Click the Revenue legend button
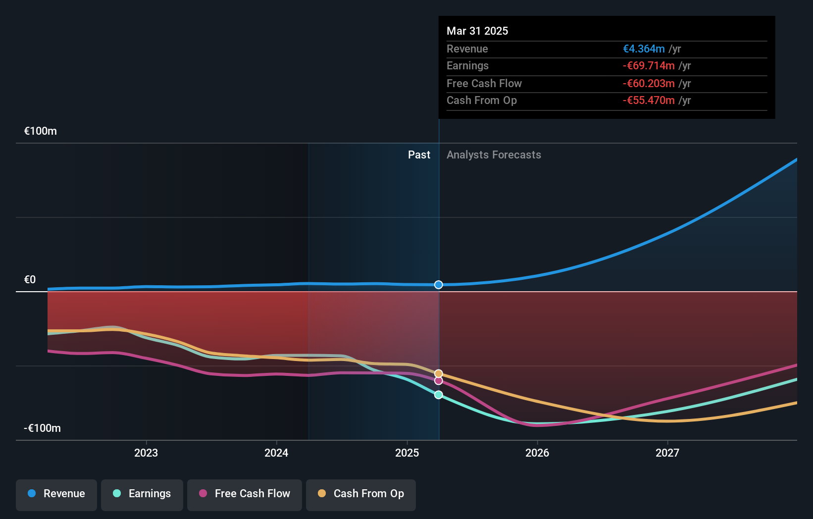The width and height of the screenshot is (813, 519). (x=56, y=494)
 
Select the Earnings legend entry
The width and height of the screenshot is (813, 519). (x=142, y=494)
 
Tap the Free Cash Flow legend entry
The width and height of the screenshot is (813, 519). (x=245, y=494)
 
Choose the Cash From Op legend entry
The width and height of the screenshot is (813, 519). (x=361, y=494)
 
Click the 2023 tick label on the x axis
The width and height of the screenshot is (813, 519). (x=146, y=453)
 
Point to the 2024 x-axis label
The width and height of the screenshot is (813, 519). (x=276, y=453)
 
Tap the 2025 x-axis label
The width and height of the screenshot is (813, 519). (x=407, y=453)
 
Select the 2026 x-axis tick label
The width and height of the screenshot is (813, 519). (x=537, y=453)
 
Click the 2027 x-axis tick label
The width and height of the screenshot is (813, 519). (x=667, y=453)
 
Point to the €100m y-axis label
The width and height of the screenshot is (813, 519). (x=41, y=131)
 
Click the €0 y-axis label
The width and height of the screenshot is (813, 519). (x=30, y=280)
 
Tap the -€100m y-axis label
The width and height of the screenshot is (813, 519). (x=43, y=428)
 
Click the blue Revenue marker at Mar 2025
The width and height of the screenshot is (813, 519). (x=439, y=285)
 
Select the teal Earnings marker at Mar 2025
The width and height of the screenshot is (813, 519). (x=439, y=395)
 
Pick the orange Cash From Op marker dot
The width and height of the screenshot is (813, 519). (x=439, y=373)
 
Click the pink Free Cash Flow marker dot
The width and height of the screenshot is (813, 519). (x=439, y=381)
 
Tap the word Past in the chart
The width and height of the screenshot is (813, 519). (x=419, y=155)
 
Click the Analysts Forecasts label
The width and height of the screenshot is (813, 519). (x=494, y=155)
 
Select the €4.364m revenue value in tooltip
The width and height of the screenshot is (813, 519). (x=644, y=49)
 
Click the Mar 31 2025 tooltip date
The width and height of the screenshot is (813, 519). (x=477, y=31)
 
